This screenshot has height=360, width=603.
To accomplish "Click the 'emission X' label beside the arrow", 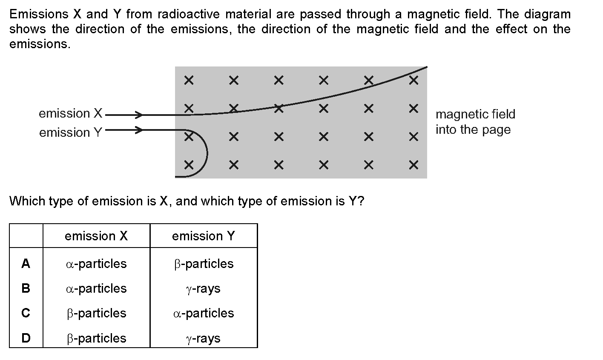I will [71, 114].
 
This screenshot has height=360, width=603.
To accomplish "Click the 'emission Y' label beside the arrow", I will [71, 132].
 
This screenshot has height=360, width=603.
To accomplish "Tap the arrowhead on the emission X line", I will [139, 115].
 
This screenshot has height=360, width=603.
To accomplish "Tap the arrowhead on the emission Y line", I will [139, 130].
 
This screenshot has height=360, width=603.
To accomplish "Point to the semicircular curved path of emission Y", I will [206, 152].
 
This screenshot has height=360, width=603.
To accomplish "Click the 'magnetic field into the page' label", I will [475, 122].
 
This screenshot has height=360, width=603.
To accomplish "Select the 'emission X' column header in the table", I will [96, 236].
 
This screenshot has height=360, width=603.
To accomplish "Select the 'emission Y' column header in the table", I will [204, 236].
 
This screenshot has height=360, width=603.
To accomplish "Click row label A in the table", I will [26, 264].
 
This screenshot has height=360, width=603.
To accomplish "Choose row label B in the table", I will [26, 288].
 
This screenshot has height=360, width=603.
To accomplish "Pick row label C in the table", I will [26, 313].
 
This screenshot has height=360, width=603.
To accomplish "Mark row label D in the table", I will [26, 338].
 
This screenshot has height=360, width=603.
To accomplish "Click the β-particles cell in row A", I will [204, 264].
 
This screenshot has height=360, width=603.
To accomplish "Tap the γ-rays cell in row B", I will [204, 289].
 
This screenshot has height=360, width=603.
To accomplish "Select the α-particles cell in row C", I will [204, 313].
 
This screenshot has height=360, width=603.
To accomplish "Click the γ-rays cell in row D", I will [204, 338].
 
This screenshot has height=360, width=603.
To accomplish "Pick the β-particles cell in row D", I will [96, 338].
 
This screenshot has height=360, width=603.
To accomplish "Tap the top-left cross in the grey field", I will [189, 80].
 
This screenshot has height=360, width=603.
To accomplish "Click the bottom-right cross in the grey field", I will [412, 164].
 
